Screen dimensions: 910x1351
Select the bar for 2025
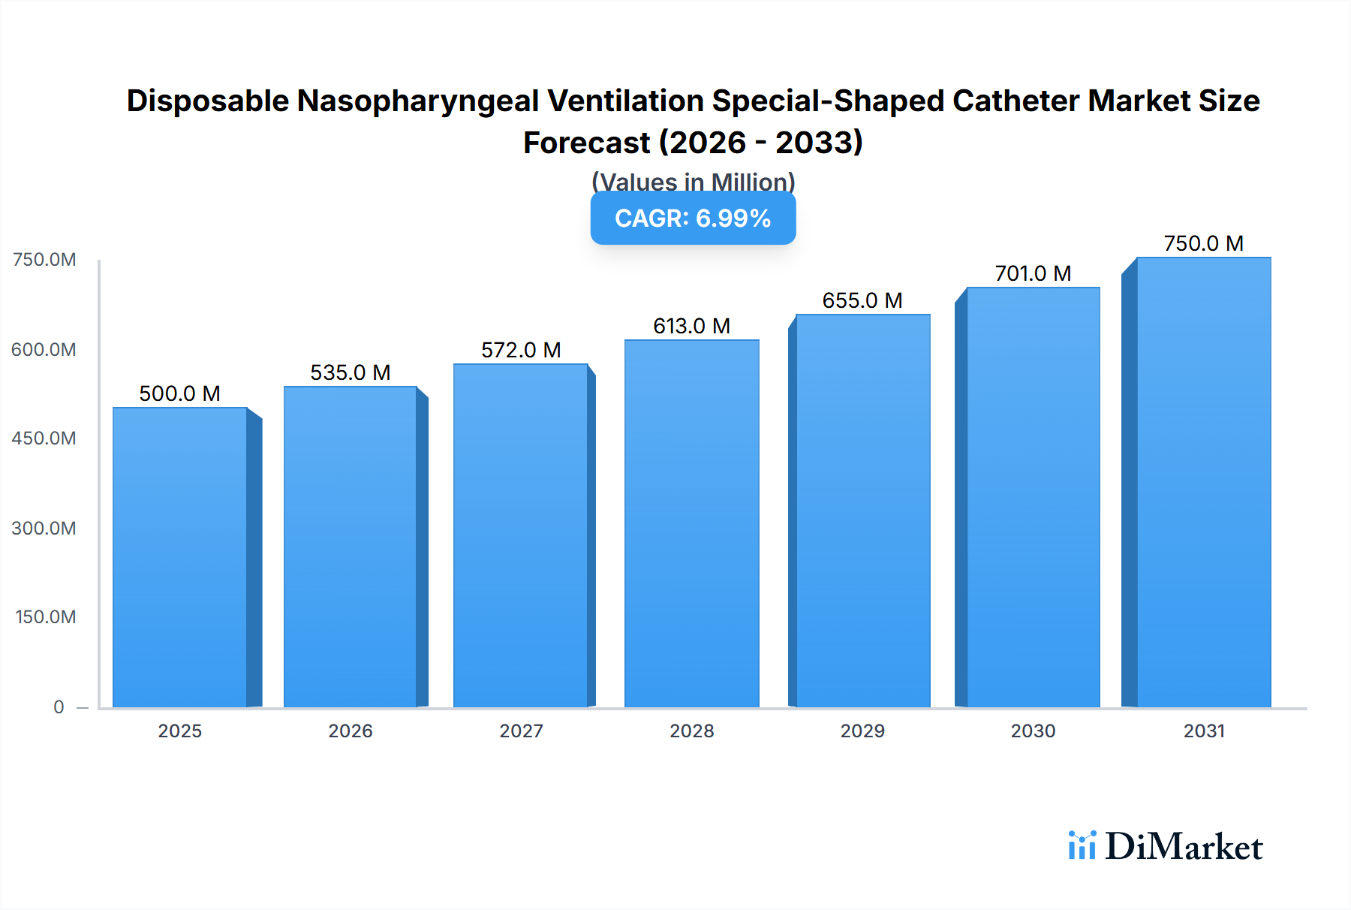point(180,557)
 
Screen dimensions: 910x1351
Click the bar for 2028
point(692,523)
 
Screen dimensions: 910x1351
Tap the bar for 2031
point(1204,482)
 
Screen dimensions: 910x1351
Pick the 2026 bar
point(351,547)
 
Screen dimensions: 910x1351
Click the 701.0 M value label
point(1033,273)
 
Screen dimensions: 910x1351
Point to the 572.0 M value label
point(521,350)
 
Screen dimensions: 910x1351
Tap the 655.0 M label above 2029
point(862,300)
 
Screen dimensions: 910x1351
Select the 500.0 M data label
point(180,393)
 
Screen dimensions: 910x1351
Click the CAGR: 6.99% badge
point(693,218)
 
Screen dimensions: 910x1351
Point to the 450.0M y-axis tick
point(44,438)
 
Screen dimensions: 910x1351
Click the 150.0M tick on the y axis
point(46,617)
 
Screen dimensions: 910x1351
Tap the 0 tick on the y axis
point(59,707)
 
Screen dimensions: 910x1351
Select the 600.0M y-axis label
point(44,350)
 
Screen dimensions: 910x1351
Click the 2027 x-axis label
point(521,731)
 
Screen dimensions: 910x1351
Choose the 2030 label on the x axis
point(1033,731)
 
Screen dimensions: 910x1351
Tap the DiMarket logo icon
point(1082,845)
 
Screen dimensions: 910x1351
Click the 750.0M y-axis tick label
point(44,260)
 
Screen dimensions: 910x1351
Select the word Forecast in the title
point(586,143)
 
